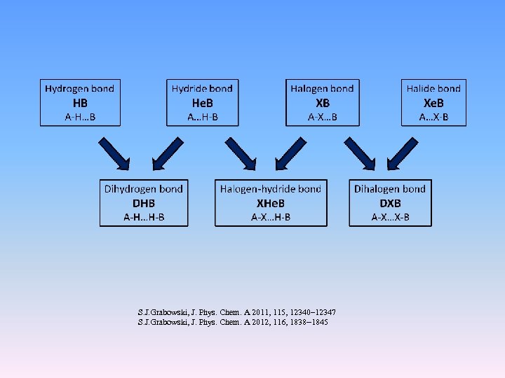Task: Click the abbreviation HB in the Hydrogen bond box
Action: (x=80, y=102)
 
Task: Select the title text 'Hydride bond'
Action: (x=202, y=88)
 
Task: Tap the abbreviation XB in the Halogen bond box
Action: (x=323, y=102)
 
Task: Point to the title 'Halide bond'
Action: (x=433, y=88)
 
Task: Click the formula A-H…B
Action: (x=80, y=117)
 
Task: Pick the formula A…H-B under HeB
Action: (x=202, y=117)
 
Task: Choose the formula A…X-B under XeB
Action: (x=433, y=117)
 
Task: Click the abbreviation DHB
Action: (x=143, y=203)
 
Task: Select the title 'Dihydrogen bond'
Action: (x=143, y=189)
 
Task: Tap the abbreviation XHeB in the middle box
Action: (x=271, y=203)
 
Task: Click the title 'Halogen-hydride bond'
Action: (x=271, y=189)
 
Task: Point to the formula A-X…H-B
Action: (x=271, y=218)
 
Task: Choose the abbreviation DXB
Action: (x=390, y=203)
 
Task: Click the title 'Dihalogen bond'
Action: (x=390, y=189)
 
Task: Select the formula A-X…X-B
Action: (x=390, y=218)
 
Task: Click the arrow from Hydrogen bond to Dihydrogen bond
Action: (x=114, y=153)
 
